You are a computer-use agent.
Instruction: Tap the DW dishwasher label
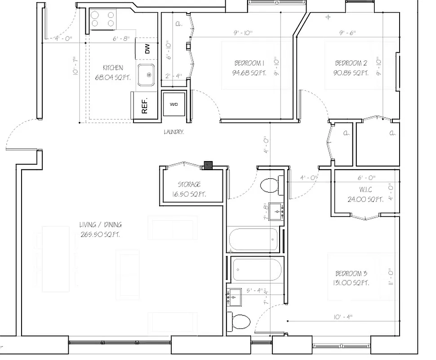pyautogui.click(x=147, y=49)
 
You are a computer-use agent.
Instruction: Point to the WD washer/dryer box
pyautogui.click(x=174, y=105)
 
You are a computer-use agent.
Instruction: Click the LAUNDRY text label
pyautogui.click(x=174, y=132)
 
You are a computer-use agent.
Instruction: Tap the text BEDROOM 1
pyautogui.click(x=249, y=63)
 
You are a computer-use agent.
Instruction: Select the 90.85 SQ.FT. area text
pyautogui.click(x=351, y=72)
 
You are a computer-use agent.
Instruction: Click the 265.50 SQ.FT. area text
pyautogui.click(x=100, y=234)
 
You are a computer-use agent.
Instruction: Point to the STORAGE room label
pyautogui.click(x=189, y=184)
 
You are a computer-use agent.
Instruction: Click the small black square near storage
pyautogui.click(x=208, y=166)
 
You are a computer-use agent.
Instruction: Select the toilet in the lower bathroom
pyautogui.click(x=240, y=322)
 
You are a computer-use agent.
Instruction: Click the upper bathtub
pyautogui.click(x=254, y=239)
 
